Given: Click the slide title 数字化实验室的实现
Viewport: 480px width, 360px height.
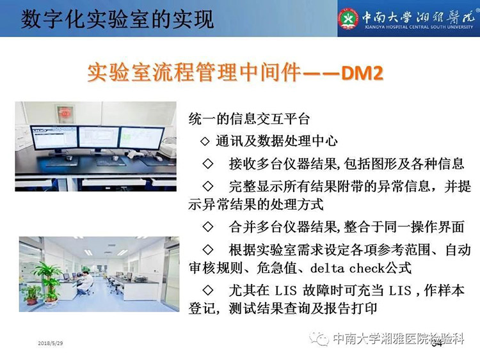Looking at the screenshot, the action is [x=117, y=19].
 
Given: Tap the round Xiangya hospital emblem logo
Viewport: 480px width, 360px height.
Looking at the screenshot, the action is [x=348, y=19].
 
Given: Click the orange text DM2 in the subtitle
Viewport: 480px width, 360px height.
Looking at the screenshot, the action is [x=362, y=74].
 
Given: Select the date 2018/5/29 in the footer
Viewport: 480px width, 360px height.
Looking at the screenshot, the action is [x=51, y=343].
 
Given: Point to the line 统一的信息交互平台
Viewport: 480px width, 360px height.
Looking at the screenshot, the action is [x=249, y=119].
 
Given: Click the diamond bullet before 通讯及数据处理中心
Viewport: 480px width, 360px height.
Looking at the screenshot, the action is [x=205, y=141].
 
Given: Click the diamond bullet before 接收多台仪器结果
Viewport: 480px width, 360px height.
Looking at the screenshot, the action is [x=208, y=164].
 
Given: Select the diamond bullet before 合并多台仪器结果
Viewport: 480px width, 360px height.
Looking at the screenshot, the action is [x=208, y=226].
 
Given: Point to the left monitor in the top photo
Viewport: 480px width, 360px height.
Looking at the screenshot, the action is [x=54, y=138].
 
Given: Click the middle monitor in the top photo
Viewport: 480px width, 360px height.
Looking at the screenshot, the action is [x=99, y=138].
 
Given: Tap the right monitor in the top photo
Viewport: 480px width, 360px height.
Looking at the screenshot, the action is [x=141, y=139].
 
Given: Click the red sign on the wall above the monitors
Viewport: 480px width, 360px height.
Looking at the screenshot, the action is [x=64, y=114].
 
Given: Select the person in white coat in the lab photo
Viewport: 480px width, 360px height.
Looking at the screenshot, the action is [x=84, y=283].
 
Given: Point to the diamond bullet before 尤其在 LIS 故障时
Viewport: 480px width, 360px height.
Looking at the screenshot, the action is [x=208, y=290].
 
